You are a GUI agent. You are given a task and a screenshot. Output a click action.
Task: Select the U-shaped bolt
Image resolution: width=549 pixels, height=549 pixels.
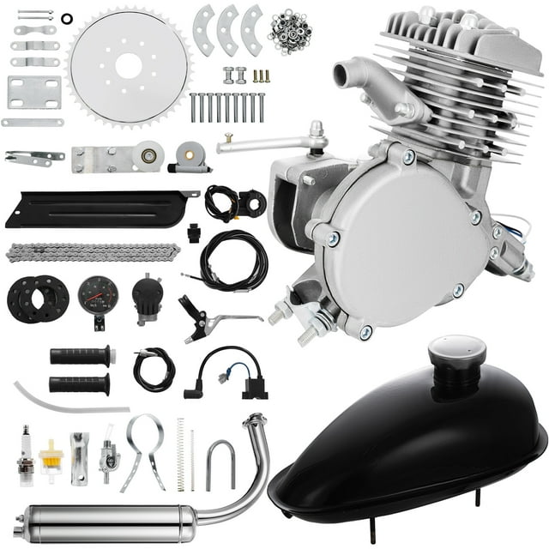coord(220,464)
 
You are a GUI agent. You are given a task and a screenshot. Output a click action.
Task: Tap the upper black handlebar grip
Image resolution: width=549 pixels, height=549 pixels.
coord(81,355)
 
